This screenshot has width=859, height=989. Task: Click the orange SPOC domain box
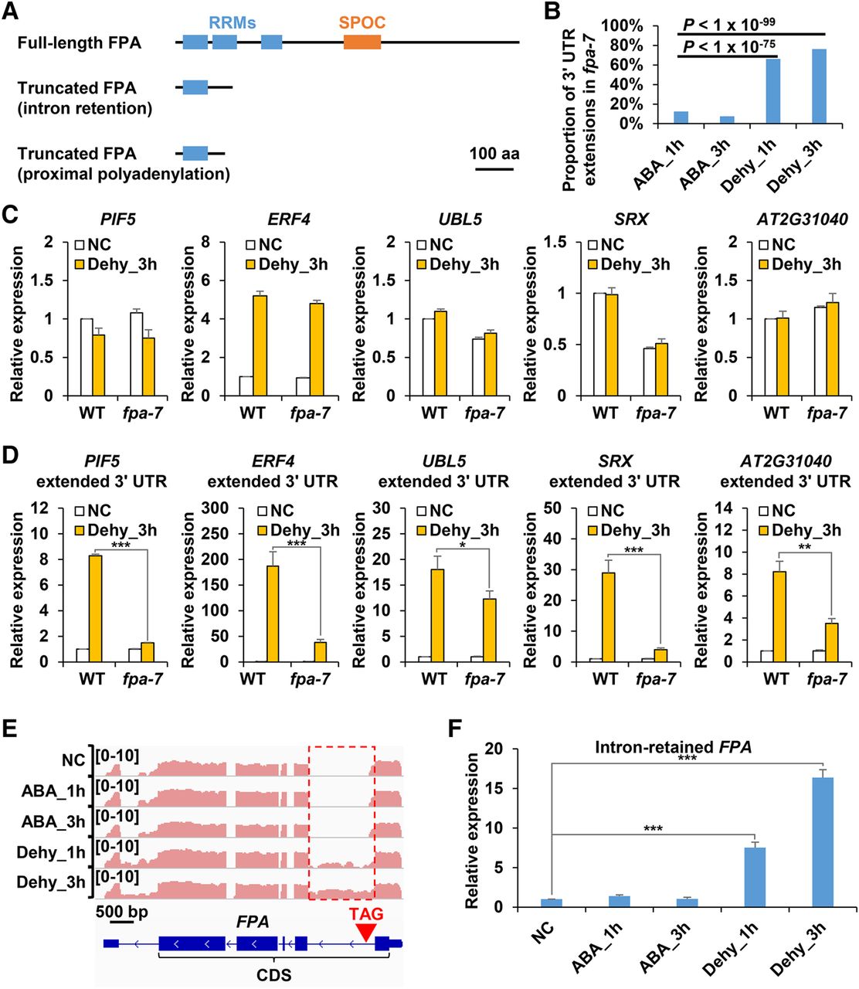[362, 42]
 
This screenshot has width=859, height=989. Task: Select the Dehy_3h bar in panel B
[819, 87]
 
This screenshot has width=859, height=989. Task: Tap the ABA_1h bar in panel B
[681, 117]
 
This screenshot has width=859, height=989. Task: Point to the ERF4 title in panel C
[290, 219]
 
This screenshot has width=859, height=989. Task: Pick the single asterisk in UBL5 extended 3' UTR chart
[462, 545]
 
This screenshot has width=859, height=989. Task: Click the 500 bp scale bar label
[122, 912]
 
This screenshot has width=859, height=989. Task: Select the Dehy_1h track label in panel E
[51, 853]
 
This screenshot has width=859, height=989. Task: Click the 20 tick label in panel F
[493, 749]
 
